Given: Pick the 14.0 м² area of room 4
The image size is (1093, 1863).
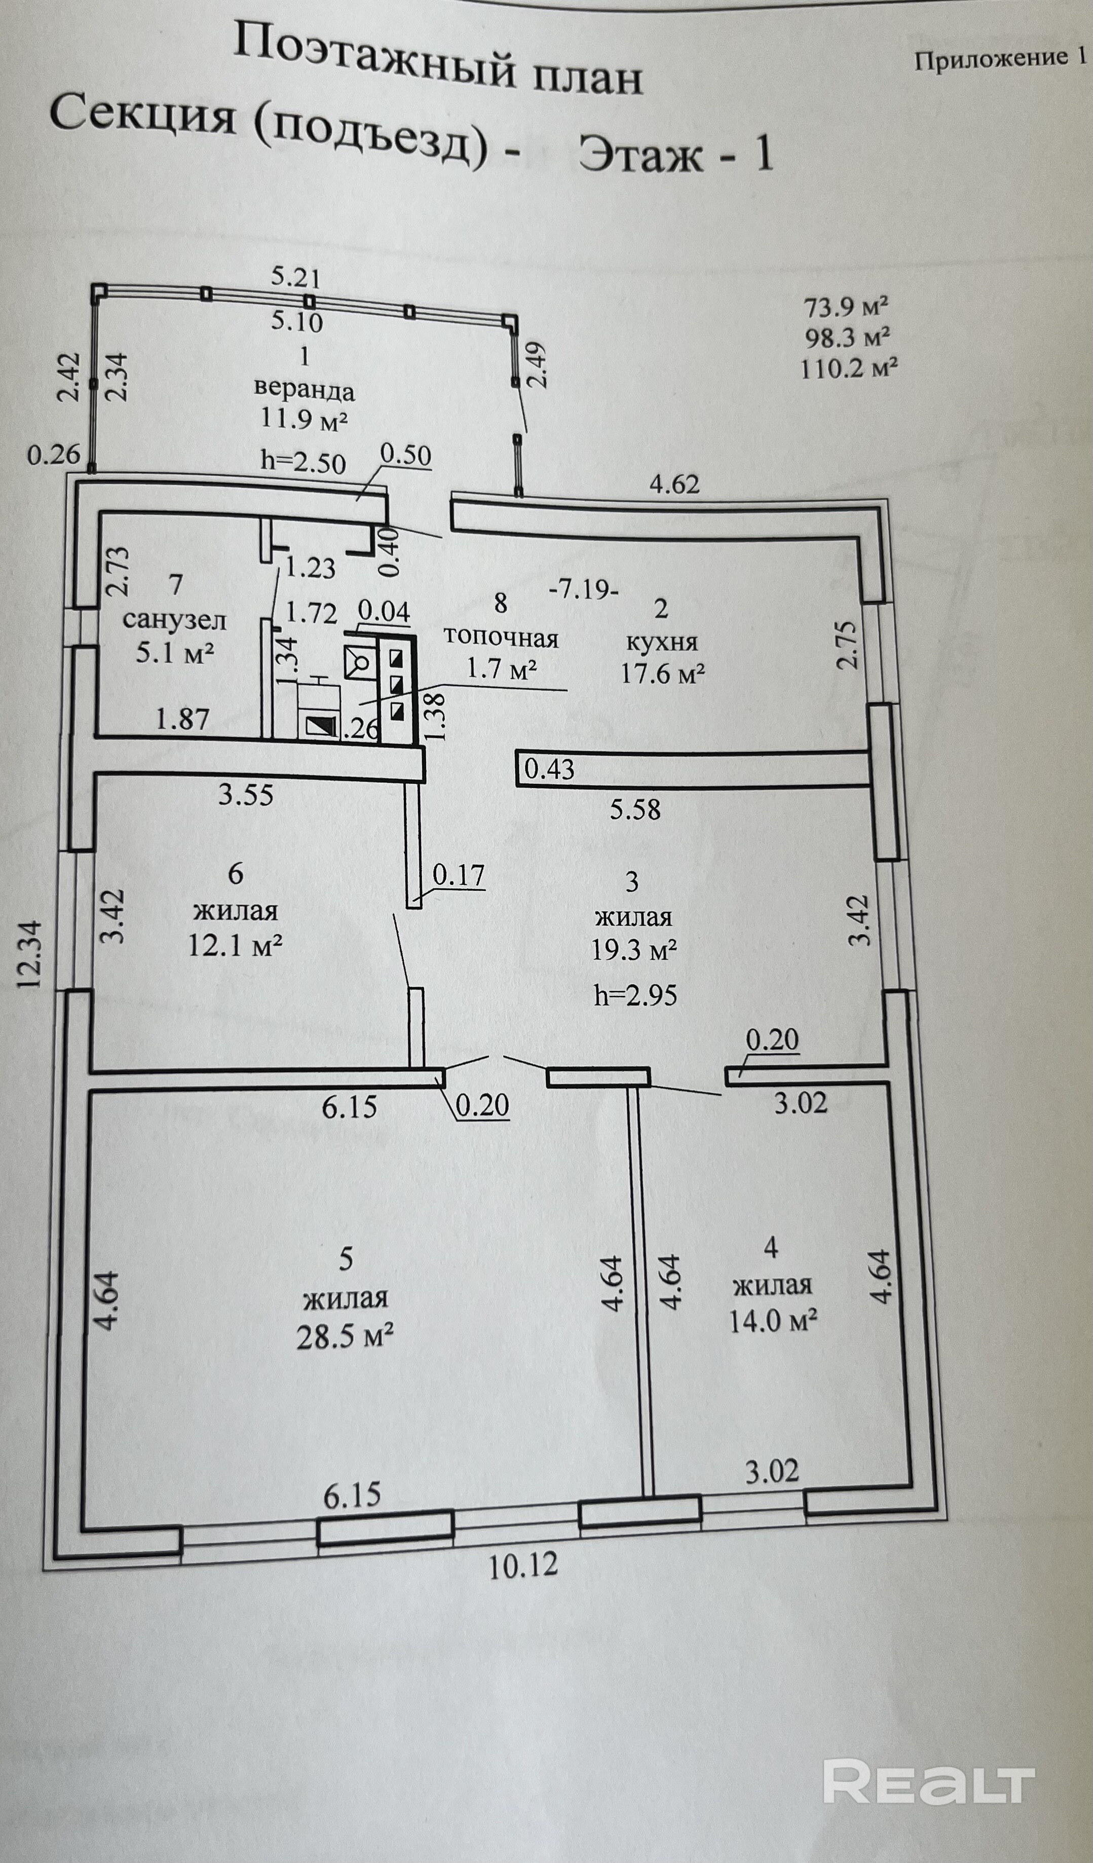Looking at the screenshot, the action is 773,1320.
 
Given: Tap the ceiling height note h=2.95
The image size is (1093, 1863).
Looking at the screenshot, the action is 635,996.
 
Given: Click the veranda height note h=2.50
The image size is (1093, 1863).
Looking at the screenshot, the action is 304,462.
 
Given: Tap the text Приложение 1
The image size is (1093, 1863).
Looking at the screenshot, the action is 1001,59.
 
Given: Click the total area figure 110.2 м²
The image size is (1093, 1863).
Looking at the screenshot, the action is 849,367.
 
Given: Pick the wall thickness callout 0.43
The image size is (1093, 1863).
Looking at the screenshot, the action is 549,770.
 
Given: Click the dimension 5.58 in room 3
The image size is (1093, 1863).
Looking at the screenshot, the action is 635,809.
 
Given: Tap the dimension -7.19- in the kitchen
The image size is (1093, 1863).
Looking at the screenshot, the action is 584,590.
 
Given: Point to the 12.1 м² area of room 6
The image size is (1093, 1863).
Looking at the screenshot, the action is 236,946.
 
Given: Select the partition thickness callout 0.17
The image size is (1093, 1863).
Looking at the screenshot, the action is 458,875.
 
